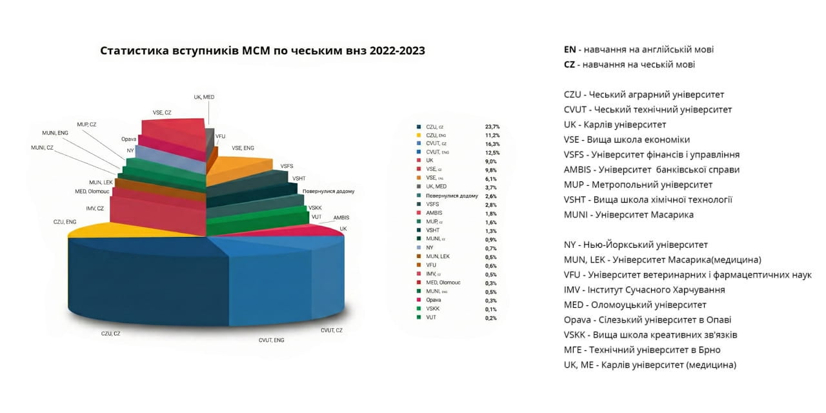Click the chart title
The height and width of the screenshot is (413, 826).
coord(263,50)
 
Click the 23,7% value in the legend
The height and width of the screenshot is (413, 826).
coord(492,126)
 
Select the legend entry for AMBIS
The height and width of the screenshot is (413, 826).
coord(434,213)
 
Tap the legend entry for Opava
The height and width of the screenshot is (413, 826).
coord(433,300)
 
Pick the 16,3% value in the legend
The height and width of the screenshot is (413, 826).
coord(492,144)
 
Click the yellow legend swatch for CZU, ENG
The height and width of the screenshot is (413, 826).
coord(419,136)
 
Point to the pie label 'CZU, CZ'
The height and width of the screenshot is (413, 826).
coord(110,334)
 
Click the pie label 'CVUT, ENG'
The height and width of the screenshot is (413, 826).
coord(271,339)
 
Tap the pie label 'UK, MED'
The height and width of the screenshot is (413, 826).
coord(204,97)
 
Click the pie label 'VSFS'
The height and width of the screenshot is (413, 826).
coord(287,166)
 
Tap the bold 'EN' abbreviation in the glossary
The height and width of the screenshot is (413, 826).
coord(569,49)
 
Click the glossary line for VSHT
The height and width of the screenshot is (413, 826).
coord(648,199)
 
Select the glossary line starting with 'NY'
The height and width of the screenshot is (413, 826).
coord(636,245)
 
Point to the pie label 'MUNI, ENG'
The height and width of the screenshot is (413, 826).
coord(55,133)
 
